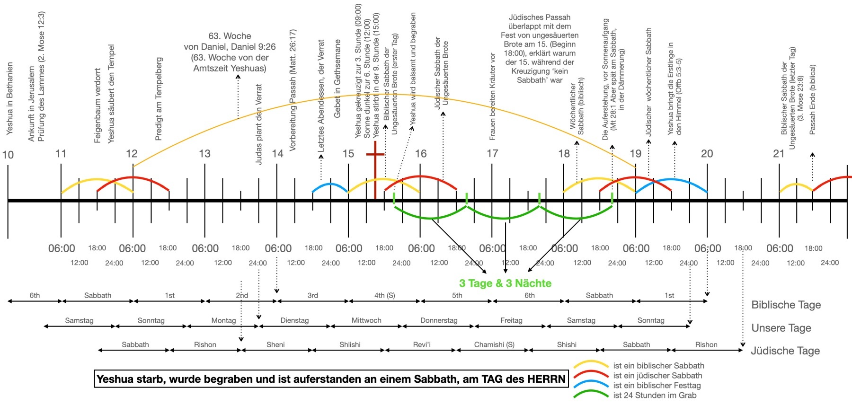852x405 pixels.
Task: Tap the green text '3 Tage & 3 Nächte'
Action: (x=505, y=283)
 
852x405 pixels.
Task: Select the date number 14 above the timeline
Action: (x=277, y=153)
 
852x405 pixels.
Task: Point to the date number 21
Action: (x=779, y=153)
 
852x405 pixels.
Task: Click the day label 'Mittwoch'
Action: (x=366, y=320)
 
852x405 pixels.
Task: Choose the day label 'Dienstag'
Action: (x=294, y=320)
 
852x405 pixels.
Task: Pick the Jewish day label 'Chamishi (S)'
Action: (x=494, y=344)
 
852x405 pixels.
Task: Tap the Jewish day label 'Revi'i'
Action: (x=422, y=344)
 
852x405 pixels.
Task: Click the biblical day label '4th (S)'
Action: (x=384, y=295)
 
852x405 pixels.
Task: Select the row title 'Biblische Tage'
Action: (x=786, y=305)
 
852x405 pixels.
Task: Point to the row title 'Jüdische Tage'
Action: (x=785, y=351)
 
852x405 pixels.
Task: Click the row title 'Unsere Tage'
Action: (x=781, y=328)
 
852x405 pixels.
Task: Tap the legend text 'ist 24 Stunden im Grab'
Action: (x=655, y=395)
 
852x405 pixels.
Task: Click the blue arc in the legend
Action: (x=591, y=385)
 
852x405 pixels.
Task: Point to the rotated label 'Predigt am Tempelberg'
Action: (x=159, y=99)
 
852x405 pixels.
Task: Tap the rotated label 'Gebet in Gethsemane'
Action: (x=337, y=79)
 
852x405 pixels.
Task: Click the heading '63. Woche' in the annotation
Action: (x=230, y=36)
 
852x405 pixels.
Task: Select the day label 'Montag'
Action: (x=223, y=320)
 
